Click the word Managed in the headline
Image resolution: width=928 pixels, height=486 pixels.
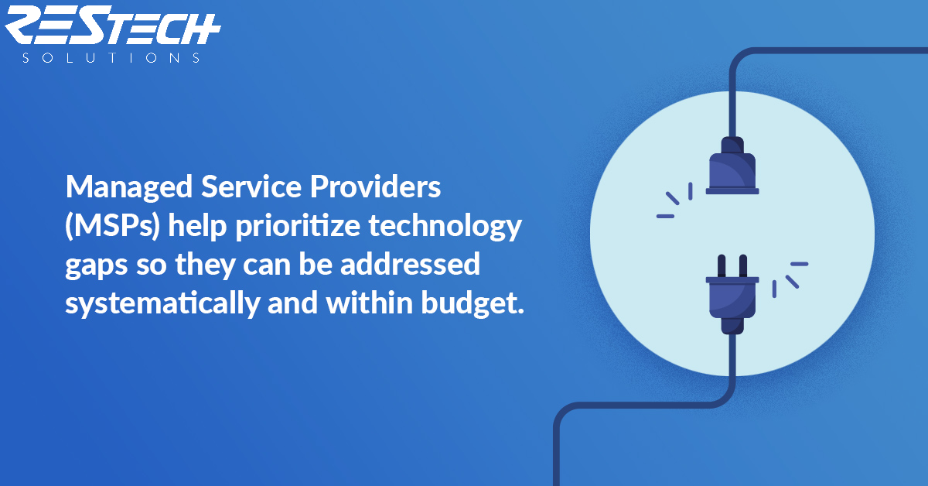click(129, 188)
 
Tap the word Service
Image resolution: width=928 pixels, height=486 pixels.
click(251, 187)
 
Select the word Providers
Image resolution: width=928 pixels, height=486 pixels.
click(375, 187)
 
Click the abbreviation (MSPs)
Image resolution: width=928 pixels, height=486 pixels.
click(112, 227)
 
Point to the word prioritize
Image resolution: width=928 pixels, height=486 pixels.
click(298, 227)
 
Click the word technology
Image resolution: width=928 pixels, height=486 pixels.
click(445, 227)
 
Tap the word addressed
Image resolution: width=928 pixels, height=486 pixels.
click(410, 264)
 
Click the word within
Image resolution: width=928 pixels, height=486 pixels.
click(370, 303)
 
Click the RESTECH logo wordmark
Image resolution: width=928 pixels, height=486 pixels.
click(112, 25)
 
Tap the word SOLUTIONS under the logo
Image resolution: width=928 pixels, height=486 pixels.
click(111, 57)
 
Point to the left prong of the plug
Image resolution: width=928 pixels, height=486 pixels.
click(722, 266)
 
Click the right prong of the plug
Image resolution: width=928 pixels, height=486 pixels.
click(743, 266)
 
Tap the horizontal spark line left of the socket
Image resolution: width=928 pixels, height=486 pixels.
click(665, 217)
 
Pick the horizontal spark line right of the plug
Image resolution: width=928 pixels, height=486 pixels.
click(799, 264)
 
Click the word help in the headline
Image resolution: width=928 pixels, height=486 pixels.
click(197, 227)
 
